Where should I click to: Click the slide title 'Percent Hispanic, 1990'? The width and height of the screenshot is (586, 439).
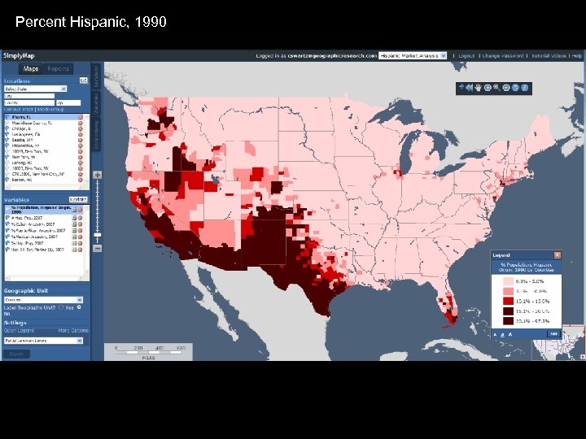point(90,22)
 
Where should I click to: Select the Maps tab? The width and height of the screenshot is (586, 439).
point(31,69)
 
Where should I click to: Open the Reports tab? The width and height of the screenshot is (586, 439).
point(58,69)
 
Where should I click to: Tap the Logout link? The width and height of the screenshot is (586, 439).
point(466,56)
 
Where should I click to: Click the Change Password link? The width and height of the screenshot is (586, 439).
point(501,56)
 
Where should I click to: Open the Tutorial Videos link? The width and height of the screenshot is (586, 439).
point(547,56)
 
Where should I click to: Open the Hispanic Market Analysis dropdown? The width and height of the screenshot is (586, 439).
point(413,56)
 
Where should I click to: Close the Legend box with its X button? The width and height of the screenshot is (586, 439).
point(557,254)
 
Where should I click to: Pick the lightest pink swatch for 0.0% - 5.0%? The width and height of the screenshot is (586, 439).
point(508,280)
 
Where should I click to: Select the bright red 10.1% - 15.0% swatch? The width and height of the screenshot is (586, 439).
point(508,301)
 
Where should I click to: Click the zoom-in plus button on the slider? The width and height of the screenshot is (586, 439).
point(98,175)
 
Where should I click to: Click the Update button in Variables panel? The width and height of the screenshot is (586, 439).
point(78,199)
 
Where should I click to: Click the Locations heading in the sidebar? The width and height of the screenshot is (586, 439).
point(18,81)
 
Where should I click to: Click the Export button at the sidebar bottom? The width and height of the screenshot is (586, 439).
point(16,354)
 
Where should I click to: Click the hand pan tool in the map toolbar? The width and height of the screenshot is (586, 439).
point(479,87)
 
